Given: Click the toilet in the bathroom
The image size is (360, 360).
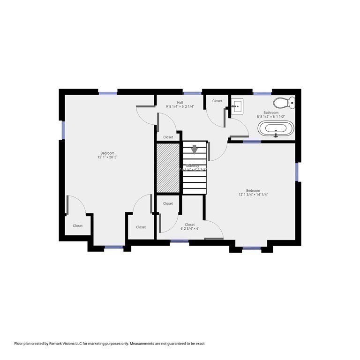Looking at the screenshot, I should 284,102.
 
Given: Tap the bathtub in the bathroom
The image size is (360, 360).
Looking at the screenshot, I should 276,128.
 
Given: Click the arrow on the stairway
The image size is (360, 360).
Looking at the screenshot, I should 195,150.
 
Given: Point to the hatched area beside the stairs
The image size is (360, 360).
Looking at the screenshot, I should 168,168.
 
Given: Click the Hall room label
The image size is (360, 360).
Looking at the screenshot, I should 180,102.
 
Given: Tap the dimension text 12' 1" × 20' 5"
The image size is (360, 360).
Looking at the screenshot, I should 107,157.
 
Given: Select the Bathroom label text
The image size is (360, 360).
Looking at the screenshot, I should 271,112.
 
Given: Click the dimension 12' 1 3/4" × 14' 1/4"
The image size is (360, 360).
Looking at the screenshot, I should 253,195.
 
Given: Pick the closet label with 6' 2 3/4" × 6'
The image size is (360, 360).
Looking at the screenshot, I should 190,229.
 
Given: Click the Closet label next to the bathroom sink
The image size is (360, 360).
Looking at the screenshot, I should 217,101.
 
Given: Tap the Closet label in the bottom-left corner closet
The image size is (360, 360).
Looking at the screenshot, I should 78,225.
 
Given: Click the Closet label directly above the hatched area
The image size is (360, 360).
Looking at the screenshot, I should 168,137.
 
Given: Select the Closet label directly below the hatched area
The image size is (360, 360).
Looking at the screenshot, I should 168,203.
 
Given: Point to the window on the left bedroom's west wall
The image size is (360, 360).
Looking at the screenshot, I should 62,130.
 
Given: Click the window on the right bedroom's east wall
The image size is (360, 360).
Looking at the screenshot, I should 297,172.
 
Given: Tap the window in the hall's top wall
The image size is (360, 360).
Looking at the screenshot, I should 190,93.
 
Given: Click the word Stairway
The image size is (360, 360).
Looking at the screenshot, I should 192,166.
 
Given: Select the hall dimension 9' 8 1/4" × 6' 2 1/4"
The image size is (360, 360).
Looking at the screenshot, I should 180,107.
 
